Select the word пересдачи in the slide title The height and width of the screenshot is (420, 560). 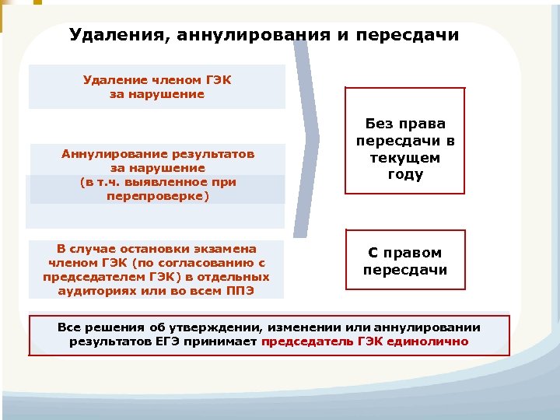coord(415,36)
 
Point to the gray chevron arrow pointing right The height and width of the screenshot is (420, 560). coord(307,140)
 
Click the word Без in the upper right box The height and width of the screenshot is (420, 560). coord(380,124)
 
